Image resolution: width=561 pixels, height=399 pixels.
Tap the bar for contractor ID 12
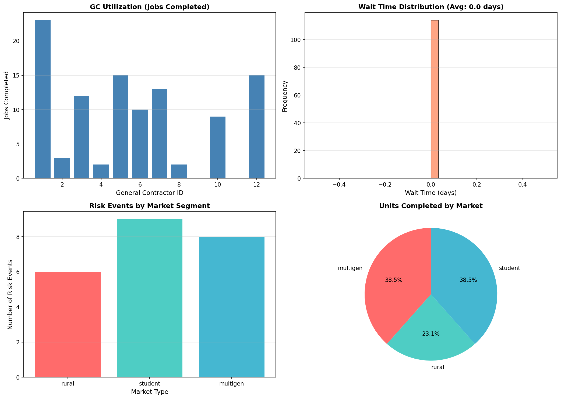pyautogui.click(x=256, y=127)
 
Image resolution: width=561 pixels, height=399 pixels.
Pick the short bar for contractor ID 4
pyautogui.click(x=101, y=171)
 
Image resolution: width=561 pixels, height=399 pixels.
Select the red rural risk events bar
pyautogui.click(x=68, y=324)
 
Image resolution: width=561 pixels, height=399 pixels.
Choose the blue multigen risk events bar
pyautogui.click(x=232, y=307)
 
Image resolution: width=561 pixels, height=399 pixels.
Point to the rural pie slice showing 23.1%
pyautogui.click(x=431, y=339)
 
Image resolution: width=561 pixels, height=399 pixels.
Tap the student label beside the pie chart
pyautogui.click(x=509, y=268)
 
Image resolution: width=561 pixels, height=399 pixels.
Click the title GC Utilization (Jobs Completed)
pyautogui.click(x=150, y=7)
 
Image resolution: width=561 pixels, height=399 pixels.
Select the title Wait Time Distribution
pyautogui.click(x=431, y=7)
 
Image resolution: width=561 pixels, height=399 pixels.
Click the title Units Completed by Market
pyautogui.click(x=431, y=206)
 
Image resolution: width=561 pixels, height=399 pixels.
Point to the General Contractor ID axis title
pyautogui.click(x=150, y=193)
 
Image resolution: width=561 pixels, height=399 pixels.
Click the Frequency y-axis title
pyautogui.click(x=285, y=96)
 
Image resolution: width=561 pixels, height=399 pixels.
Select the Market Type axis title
pyautogui.click(x=150, y=392)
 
